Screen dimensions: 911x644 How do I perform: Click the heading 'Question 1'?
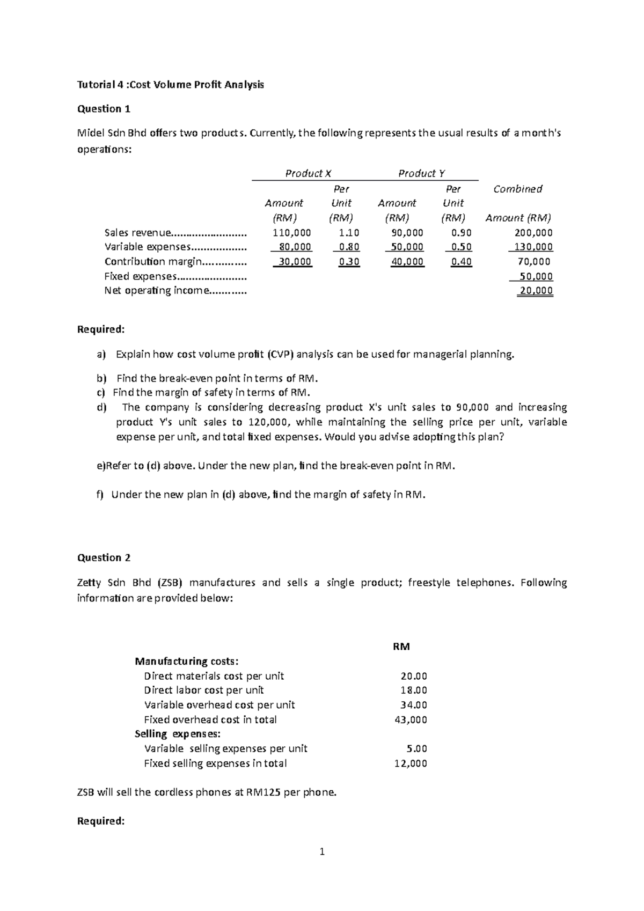pos(104,109)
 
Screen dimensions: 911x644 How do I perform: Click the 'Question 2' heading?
pos(104,557)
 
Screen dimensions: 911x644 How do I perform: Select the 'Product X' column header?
pos(308,173)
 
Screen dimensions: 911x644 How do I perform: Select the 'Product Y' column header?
pos(421,173)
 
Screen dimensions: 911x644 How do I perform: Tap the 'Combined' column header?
pos(517,189)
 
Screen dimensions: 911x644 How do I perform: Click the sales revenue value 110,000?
pos(292,233)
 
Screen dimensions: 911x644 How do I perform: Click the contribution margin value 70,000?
pos(534,262)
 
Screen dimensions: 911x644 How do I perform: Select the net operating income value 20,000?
pos(536,291)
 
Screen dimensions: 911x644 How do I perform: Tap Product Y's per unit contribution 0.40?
pos(461,262)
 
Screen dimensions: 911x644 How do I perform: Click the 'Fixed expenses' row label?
pos(140,276)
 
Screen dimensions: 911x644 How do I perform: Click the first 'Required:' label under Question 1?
pos(101,329)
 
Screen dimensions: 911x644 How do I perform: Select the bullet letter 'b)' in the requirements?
pos(101,378)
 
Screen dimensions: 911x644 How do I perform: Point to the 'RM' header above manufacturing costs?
pos(401,646)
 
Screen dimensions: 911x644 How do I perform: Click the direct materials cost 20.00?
pos(414,676)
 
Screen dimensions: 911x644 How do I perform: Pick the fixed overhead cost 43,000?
pos(411,719)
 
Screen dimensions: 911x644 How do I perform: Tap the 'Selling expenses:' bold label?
pos(177,734)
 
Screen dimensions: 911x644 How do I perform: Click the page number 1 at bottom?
pos(322,851)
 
